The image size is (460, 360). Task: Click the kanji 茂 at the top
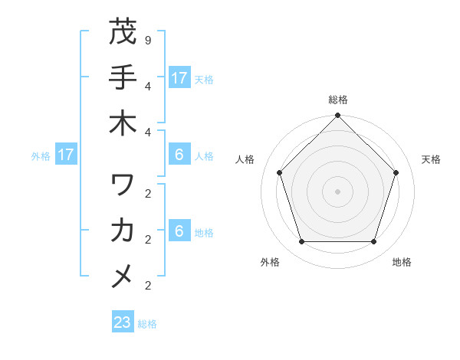point(123,34)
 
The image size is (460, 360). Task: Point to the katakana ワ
point(123,185)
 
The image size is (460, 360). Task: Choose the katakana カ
point(123,230)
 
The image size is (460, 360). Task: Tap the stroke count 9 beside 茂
point(147,38)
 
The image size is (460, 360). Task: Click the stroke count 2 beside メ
point(147,286)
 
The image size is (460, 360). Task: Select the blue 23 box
point(123,322)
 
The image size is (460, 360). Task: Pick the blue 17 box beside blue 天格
point(179,77)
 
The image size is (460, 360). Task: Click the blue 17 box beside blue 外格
point(66,155)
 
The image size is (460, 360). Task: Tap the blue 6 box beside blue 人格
point(179,155)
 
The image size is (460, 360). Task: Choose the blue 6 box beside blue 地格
point(179,232)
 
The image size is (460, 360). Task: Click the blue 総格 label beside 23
point(147,324)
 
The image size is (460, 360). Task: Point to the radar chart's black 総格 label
point(337,100)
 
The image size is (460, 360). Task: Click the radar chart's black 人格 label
point(245,159)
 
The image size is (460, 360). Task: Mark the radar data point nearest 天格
point(396,172)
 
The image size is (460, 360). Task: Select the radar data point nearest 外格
point(301,241)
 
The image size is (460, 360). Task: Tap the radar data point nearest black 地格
point(373,241)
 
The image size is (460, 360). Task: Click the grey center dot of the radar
point(337,191)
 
